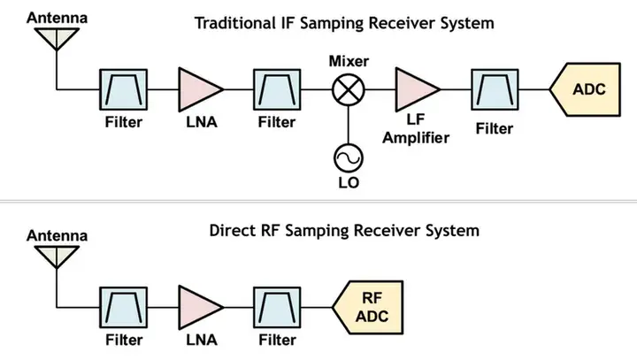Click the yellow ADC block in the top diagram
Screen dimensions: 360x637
[x=586, y=90]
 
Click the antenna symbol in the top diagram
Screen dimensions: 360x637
[x=57, y=36]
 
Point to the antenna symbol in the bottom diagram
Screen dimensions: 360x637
[x=57, y=256]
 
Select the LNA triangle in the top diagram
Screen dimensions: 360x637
[x=200, y=89]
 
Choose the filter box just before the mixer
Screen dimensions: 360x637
[x=276, y=89]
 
